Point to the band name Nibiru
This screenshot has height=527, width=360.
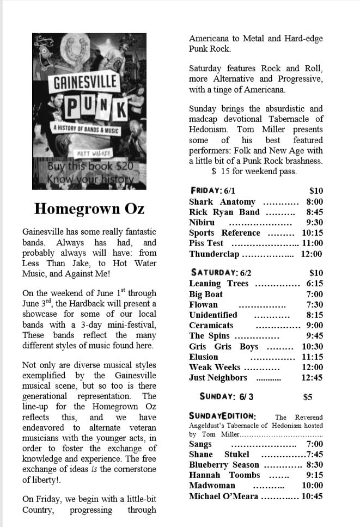(202, 223)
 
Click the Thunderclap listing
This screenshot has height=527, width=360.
(215, 254)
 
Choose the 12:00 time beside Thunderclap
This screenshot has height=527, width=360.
(312, 254)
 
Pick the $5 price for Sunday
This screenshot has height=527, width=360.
(308, 397)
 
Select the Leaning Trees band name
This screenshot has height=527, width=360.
(218, 284)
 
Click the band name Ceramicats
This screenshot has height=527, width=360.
(211, 326)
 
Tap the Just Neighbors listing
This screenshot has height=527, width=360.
(218, 378)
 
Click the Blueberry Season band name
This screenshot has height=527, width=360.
(224, 465)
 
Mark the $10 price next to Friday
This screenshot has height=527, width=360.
(316, 191)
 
